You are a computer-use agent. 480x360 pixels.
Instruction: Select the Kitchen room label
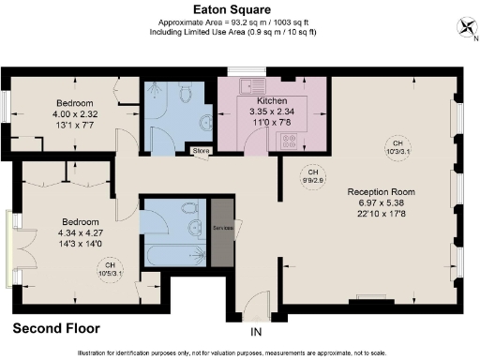(x=273, y=99)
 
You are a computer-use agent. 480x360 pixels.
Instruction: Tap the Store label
(x=200, y=150)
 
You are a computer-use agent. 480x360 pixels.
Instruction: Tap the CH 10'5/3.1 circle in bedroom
(x=111, y=270)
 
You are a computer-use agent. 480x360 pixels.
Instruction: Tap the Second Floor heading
(x=55, y=328)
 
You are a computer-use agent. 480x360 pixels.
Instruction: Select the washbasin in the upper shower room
(x=204, y=121)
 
